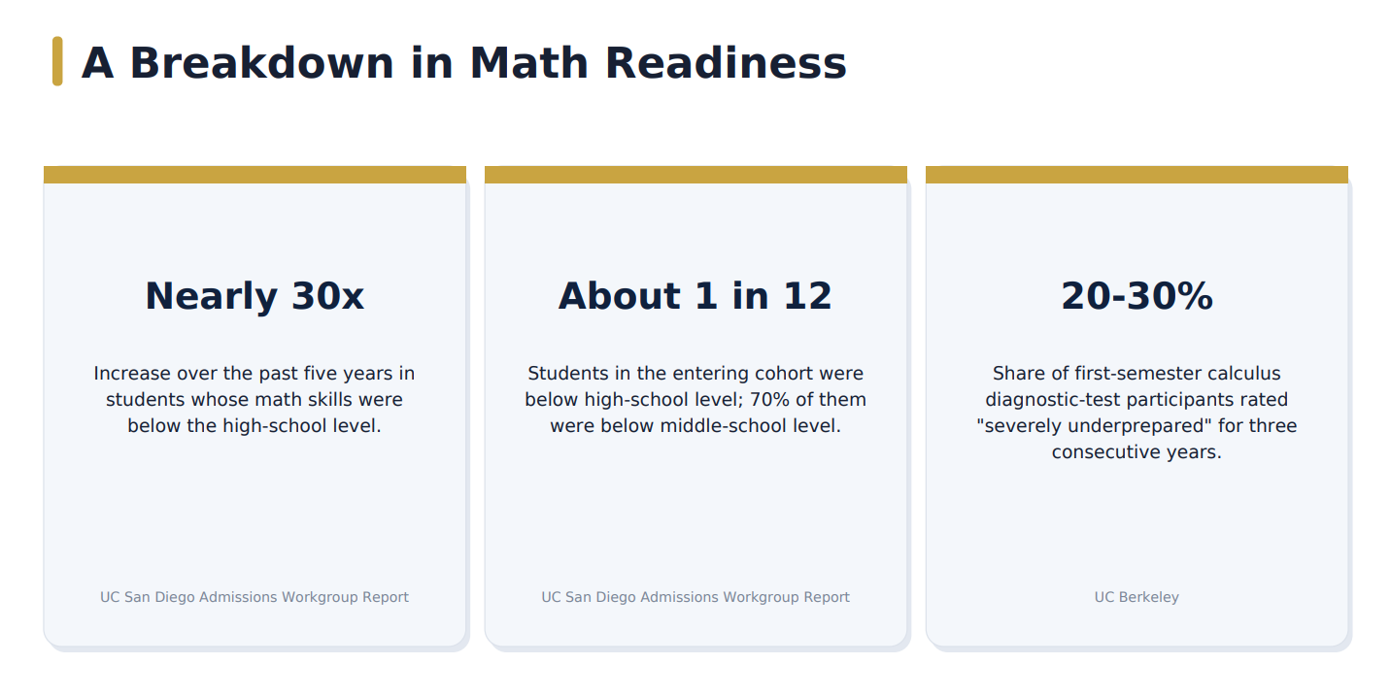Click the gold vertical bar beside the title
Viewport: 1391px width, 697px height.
click(x=57, y=61)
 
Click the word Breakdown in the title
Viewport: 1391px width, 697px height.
click(x=262, y=63)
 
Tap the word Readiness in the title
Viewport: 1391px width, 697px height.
click(x=726, y=63)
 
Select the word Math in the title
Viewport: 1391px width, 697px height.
click(x=529, y=63)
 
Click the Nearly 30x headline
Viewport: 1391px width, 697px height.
click(x=254, y=295)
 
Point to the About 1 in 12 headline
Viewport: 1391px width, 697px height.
click(x=695, y=295)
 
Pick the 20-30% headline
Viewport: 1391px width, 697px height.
click(x=1137, y=295)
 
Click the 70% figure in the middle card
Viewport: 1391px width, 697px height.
click(x=769, y=400)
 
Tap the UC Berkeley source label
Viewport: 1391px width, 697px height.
click(x=1137, y=597)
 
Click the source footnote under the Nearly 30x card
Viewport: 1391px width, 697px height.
click(x=254, y=597)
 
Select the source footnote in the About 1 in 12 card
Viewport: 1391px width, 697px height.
click(x=695, y=597)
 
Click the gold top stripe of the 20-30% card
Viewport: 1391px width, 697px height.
click(x=1137, y=175)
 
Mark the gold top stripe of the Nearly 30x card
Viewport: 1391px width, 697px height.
click(x=254, y=175)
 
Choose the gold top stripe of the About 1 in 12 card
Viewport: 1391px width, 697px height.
click(x=695, y=175)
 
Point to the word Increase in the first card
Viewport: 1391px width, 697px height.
click(x=132, y=374)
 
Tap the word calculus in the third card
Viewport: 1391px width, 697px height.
click(x=1239, y=374)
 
